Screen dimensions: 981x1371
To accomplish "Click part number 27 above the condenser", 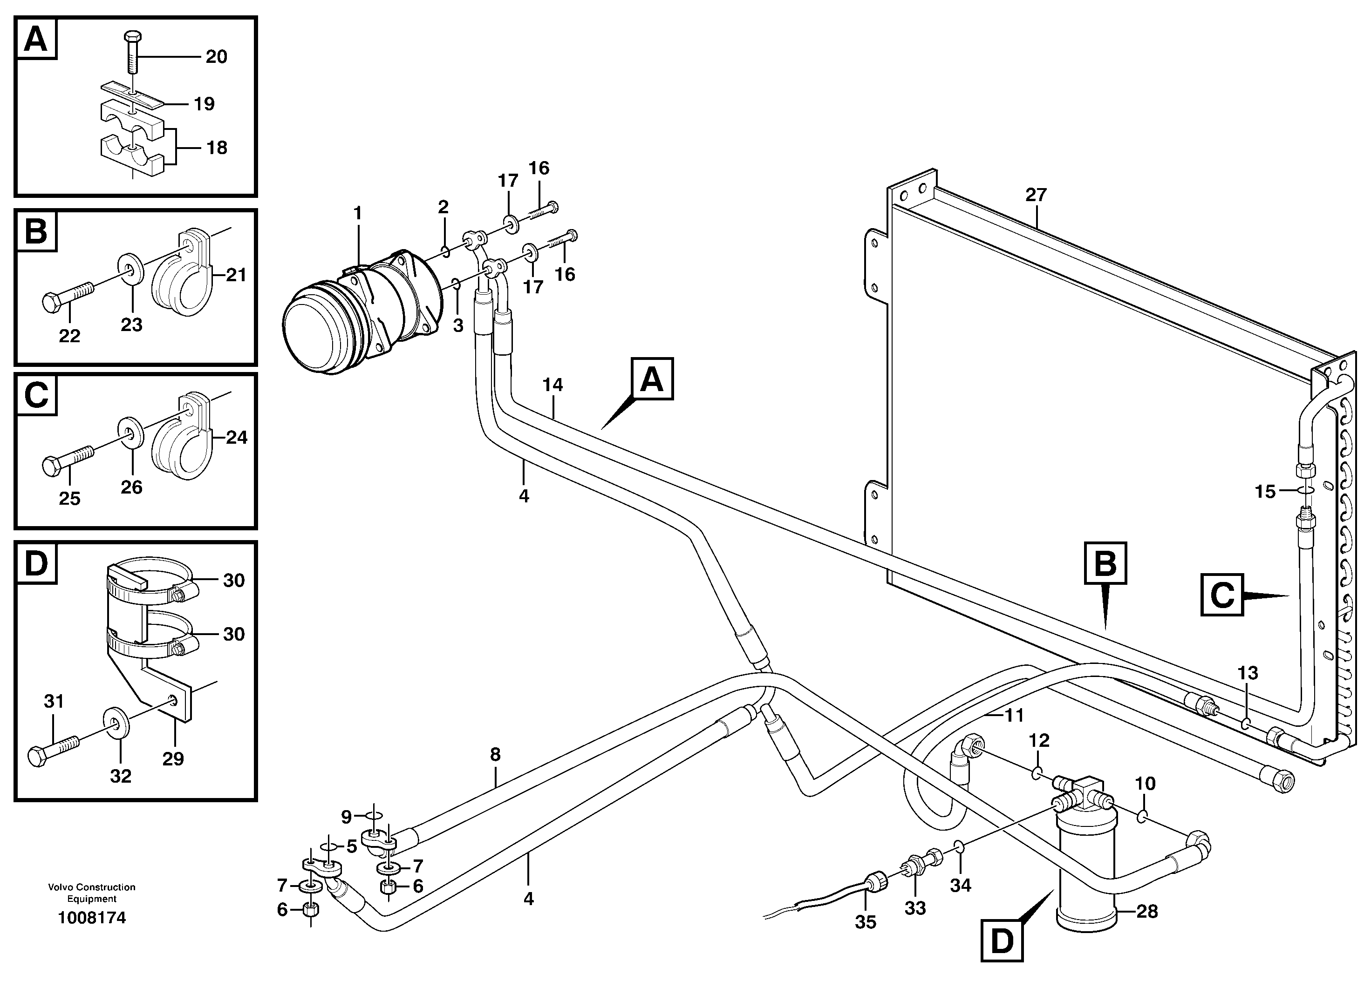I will pyautogui.click(x=1035, y=195).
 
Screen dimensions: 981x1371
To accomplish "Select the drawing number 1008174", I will pyautogui.click(x=92, y=918).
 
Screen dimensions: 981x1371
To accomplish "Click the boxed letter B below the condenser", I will pyautogui.click(x=1105, y=563).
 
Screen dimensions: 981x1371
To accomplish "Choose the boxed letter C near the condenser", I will pyautogui.click(x=1222, y=595).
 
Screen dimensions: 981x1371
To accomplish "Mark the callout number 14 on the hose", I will pyautogui.click(x=552, y=384).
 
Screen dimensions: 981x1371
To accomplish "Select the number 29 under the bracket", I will pyautogui.click(x=173, y=759).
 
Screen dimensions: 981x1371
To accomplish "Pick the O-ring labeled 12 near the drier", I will pyautogui.click(x=1037, y=773).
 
